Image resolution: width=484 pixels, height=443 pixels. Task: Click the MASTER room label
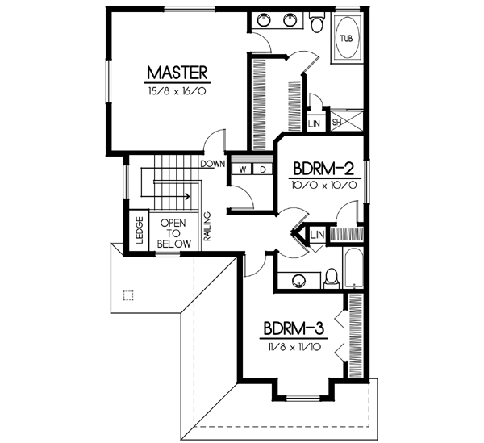point(177,73)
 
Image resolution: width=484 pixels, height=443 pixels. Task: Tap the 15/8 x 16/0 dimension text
point(177,91)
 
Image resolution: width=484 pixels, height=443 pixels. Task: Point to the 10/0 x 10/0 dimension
point(323,185)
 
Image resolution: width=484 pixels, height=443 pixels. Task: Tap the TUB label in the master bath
point(346,39)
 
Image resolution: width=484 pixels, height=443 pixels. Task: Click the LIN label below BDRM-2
point(316,234)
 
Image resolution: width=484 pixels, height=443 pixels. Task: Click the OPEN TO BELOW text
point(174,232)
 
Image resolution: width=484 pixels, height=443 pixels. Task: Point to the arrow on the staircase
point(186,195)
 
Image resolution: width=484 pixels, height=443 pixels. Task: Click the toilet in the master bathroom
point(317,24)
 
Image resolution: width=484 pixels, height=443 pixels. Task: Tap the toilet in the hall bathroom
point(330,279)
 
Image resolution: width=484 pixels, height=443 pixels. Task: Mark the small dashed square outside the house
point(126,295)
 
